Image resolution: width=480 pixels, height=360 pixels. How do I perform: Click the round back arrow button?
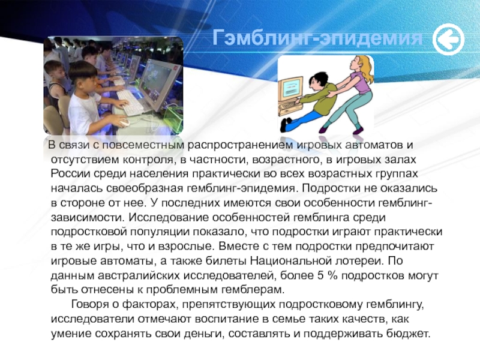point(448,40)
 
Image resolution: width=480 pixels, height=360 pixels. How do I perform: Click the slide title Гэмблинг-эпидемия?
point(317,38)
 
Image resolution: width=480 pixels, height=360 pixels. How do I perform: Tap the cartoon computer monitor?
point(290,88)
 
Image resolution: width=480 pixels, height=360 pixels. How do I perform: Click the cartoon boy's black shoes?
point(287,124)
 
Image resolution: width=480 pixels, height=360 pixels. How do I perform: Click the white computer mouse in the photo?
point(124,123)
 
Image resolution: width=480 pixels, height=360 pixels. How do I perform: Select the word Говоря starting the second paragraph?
point(90,305)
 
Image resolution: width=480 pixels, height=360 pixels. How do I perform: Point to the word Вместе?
point(237,246)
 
